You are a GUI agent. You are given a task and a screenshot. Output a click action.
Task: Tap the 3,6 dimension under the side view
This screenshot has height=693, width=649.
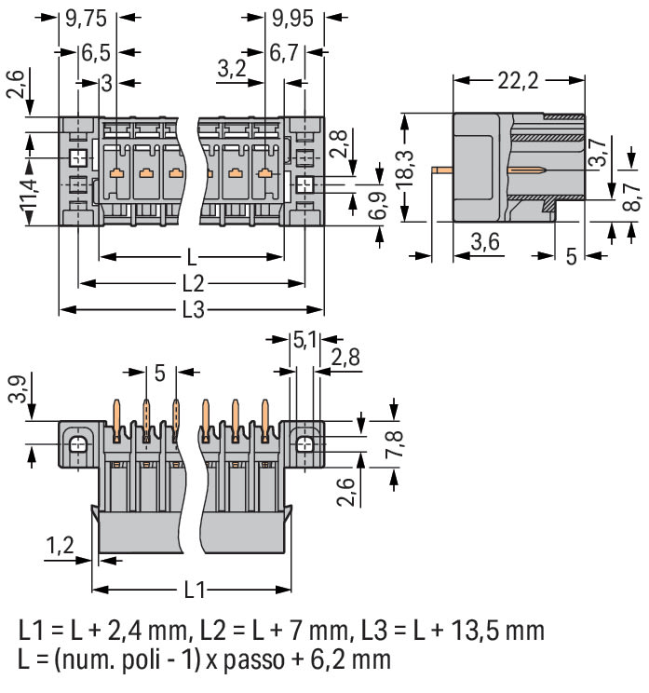pos(484,243)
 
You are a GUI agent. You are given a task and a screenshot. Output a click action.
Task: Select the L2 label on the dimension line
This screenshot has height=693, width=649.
pos(193,283)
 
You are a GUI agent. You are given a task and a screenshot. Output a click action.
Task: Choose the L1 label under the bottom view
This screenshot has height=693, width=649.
pos(193,591)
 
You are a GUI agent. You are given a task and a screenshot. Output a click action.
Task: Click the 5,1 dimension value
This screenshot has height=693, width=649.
pos(304,341)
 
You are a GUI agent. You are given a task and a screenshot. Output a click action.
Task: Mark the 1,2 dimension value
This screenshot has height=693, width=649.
pos(61,545)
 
